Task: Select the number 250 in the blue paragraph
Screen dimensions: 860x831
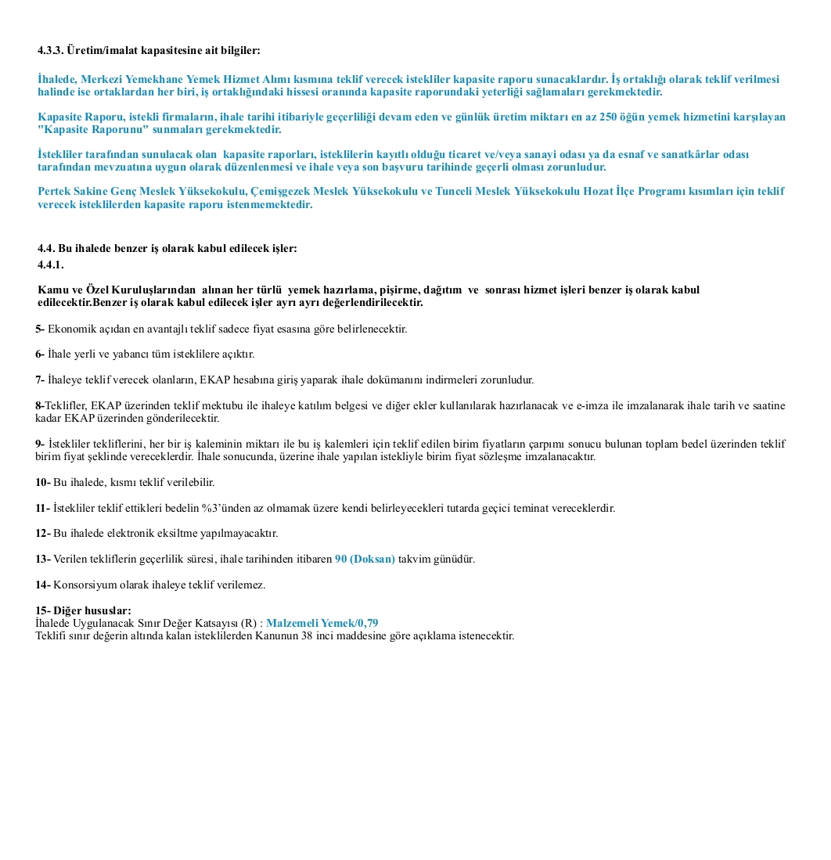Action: (x=609, y=117)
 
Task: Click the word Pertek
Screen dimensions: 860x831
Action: (x=53, y=192)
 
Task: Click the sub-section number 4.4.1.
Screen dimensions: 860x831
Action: (x=50, y=264)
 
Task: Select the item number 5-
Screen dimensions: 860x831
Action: (x=40, y=329)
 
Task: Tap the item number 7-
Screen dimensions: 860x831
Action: (x=40, y=380)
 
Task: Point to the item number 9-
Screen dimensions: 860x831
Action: (x=40, y=444)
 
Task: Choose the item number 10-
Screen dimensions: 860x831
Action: (x=43, y=482)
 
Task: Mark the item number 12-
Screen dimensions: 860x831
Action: (x=43, y=533)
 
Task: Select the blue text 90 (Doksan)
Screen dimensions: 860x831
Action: (x=365, y=559)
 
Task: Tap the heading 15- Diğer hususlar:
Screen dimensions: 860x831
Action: (x=83, y=610)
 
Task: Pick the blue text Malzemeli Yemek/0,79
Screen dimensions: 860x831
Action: (x=322, y=623)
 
